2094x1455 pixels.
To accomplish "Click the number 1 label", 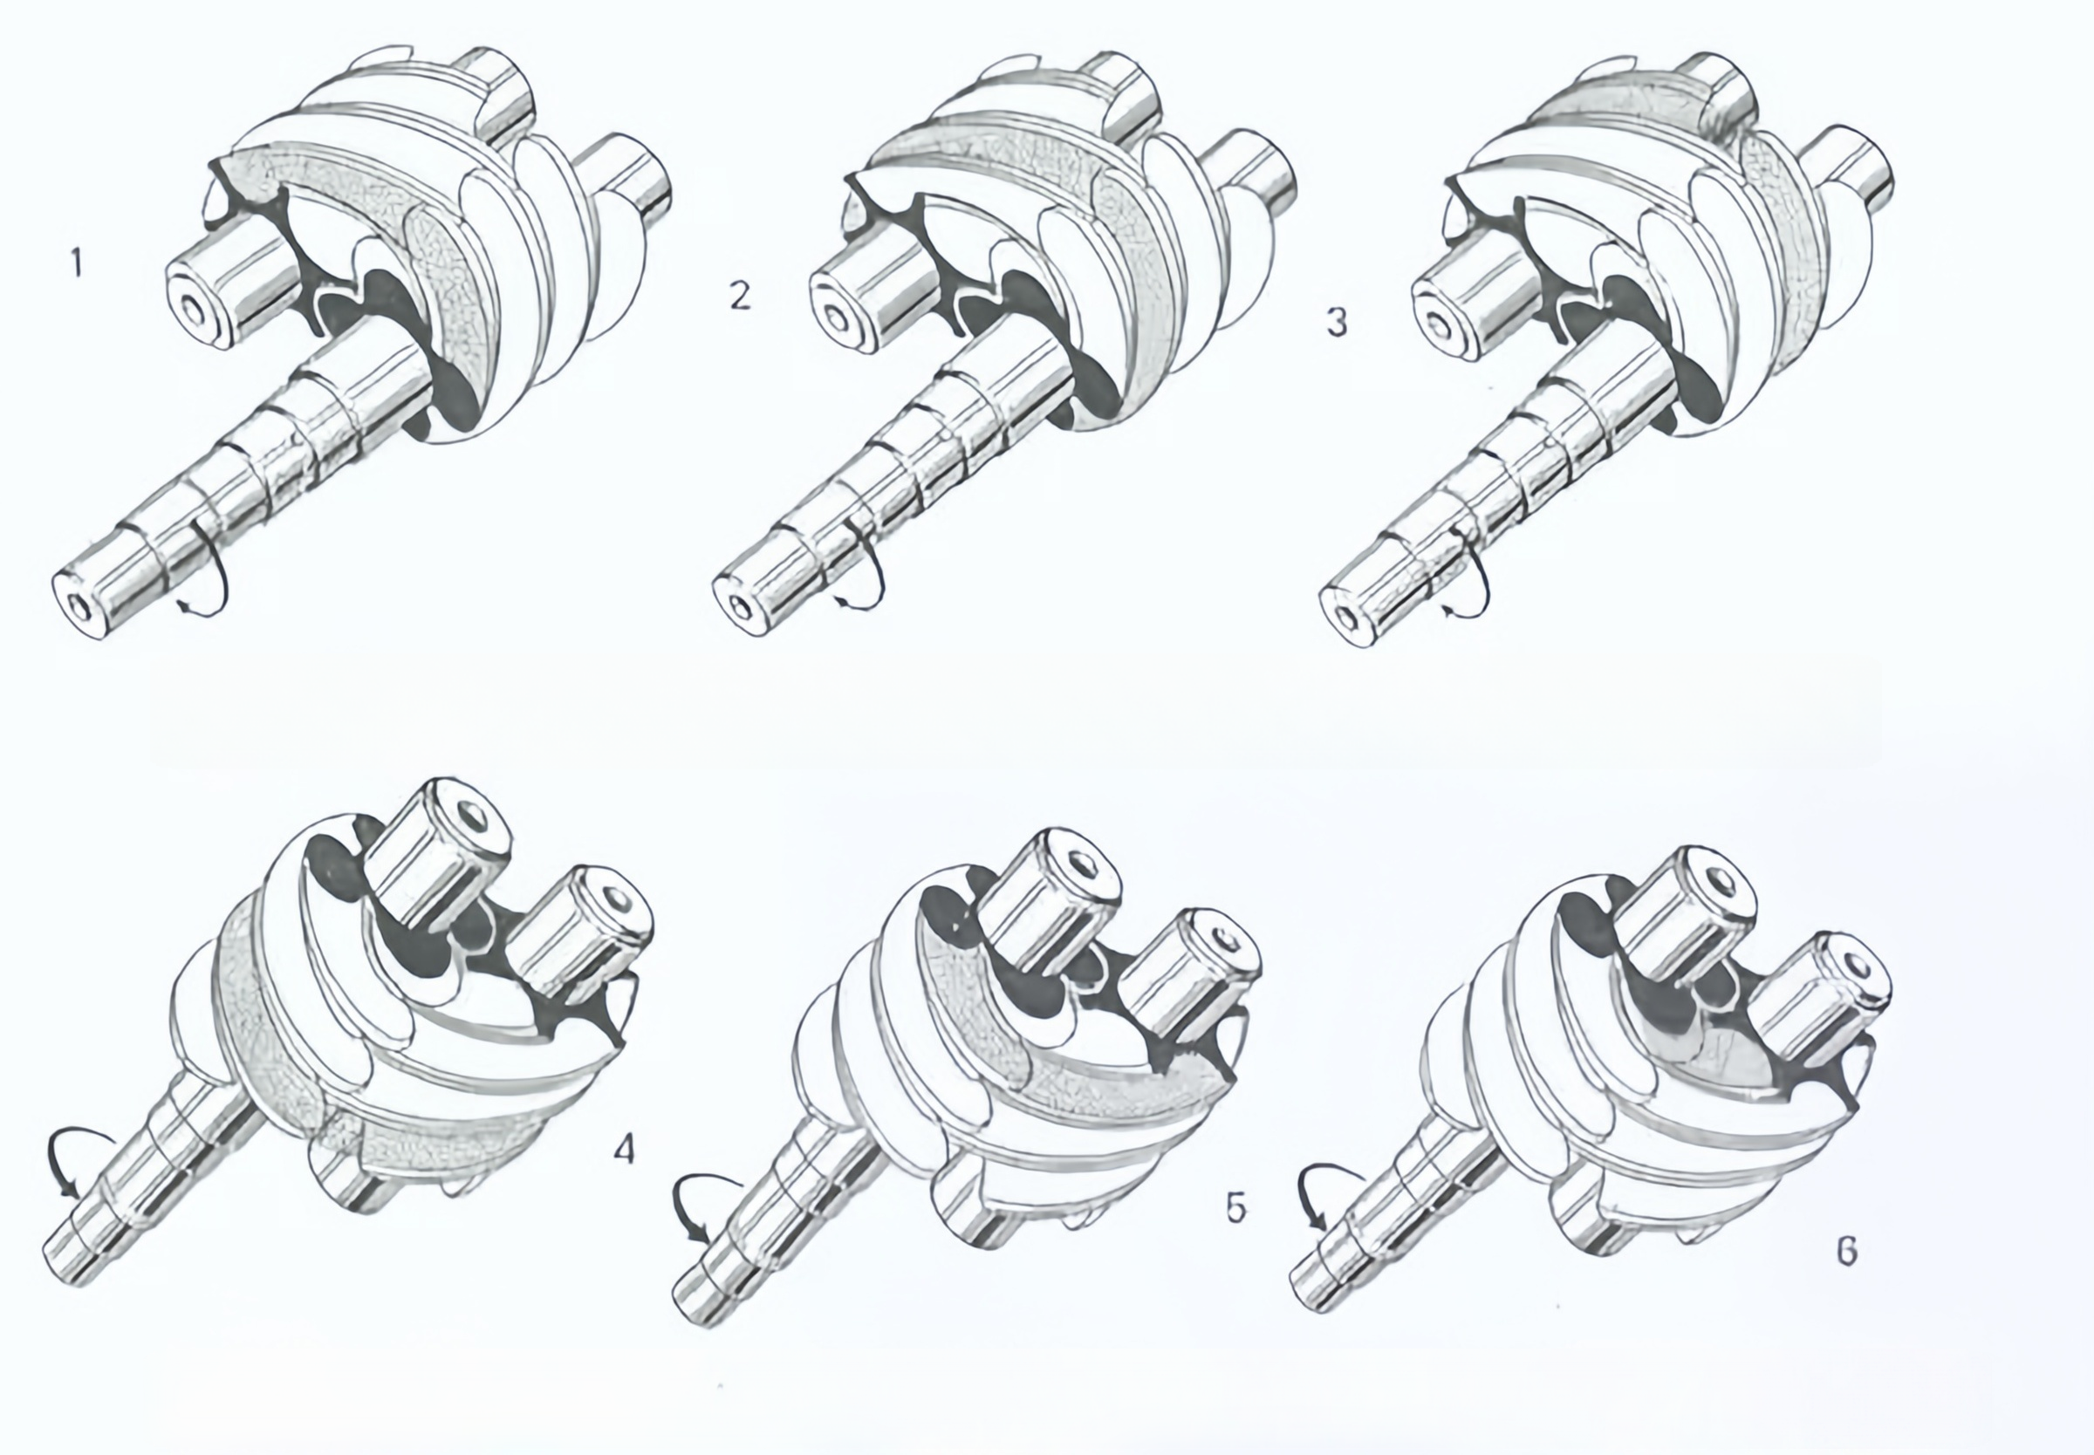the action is [x=78, y=263].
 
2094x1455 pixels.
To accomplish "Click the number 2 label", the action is [x=740, y=297].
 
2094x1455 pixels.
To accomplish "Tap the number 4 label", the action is [x=624, y=1150].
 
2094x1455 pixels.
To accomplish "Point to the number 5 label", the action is [x=1235, y=1208].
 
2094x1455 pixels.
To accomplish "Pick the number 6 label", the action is [x=1846, y=1251].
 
